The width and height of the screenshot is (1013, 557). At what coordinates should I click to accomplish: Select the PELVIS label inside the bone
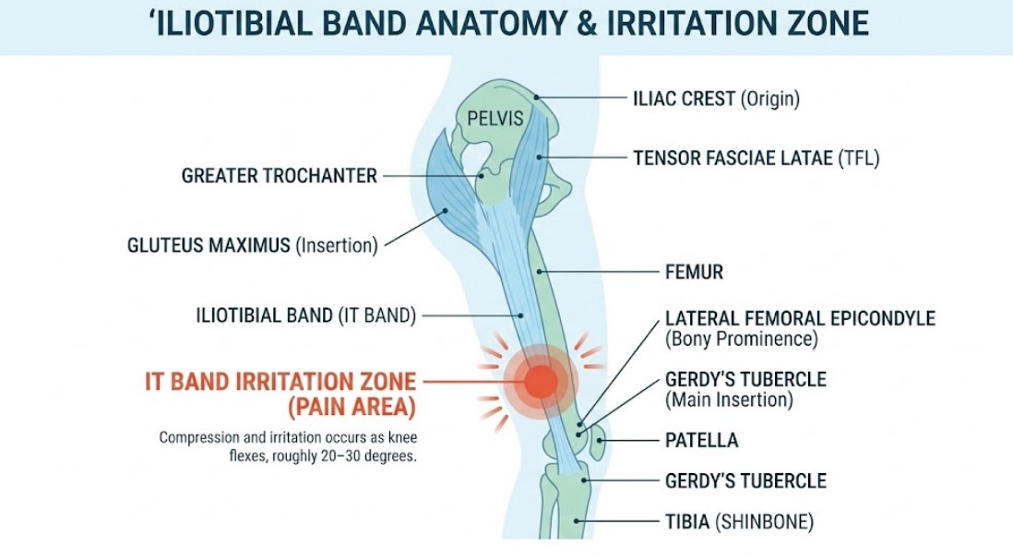495,119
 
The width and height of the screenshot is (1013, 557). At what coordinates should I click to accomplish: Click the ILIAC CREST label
684,99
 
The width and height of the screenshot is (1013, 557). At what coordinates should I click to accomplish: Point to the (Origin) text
770,99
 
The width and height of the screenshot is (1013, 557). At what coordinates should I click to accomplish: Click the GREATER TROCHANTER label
280,175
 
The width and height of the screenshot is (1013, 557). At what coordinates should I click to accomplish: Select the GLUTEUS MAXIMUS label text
209,246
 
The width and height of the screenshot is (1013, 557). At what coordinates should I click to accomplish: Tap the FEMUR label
694,272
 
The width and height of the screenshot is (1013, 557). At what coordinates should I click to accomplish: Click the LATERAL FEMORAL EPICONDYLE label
800,319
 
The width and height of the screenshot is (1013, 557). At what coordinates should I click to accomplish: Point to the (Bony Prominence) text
741,339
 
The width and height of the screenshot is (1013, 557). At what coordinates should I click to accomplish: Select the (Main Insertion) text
729,400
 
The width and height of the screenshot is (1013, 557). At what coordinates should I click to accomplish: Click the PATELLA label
701,441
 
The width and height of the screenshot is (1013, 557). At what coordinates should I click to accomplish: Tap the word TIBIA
687,522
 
